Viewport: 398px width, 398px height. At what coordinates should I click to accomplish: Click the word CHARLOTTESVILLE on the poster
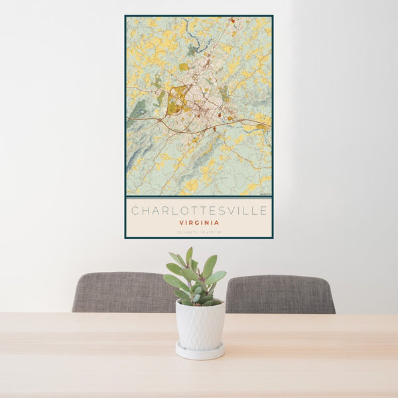pyautogui.click(x=199, y=211)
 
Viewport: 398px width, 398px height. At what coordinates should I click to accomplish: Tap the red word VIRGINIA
pyautogui.click(x=199, y=223)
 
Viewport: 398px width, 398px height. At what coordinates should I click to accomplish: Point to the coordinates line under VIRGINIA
pyautogui.click(x=199, y=232)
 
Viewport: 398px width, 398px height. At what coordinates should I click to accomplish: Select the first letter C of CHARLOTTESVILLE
pyautogui.click(x=135, y=211)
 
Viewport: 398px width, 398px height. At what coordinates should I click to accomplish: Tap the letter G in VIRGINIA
pyautogui.click(x=197, y=223)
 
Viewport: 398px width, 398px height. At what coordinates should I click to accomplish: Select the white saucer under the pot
pyautogui.click(x=200, y=352)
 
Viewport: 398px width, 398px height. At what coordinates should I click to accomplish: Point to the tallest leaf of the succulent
pyautogui.click(x=189, y=255)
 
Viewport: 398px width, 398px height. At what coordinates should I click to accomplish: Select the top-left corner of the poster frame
pyautogui.click(x=125, y=16)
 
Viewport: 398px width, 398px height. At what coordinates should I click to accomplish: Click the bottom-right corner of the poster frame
pyautogui.click(x=272, y=237)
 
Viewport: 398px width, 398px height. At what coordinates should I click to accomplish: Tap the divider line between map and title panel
pyautogui.click(x=199, y=197)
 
